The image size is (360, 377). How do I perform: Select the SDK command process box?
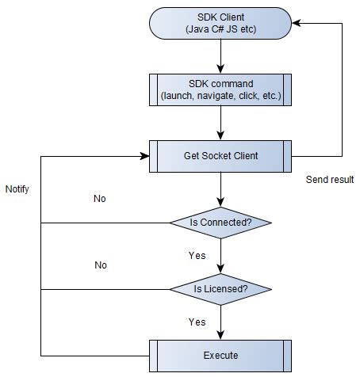(x=220, y=90)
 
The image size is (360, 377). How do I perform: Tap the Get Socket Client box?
(x=220, y=156)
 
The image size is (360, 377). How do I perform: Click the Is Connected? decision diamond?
(x=221, y=223)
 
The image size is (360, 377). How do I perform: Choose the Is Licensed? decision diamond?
(x=221, y=289)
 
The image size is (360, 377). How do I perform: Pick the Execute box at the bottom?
(x=220, y=355)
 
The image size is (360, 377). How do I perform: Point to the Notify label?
(x=17, y=190)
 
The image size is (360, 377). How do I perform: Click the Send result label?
(x=330, y=180)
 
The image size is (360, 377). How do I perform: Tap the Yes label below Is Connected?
(x=197, y=256)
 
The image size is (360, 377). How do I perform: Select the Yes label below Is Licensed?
(x=197, y=322)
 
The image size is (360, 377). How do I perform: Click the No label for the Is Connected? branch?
(x=100, y=199)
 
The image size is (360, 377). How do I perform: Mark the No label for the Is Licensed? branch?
(x=100, y=265)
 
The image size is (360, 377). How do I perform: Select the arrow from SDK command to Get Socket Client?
(x=220, y=123)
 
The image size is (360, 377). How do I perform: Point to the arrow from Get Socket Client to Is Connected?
(x=220, y=188)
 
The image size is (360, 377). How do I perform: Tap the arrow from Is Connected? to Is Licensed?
(x=220, y=255)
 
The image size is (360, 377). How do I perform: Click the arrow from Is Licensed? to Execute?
(x=220, y=322)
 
